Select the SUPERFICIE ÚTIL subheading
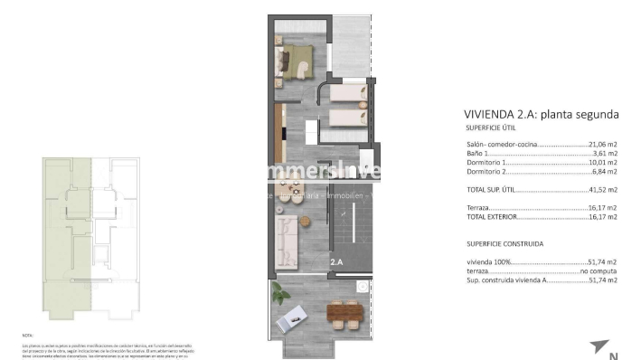(491, 128)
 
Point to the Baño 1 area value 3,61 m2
(606, 154)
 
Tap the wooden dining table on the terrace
(344, 314)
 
